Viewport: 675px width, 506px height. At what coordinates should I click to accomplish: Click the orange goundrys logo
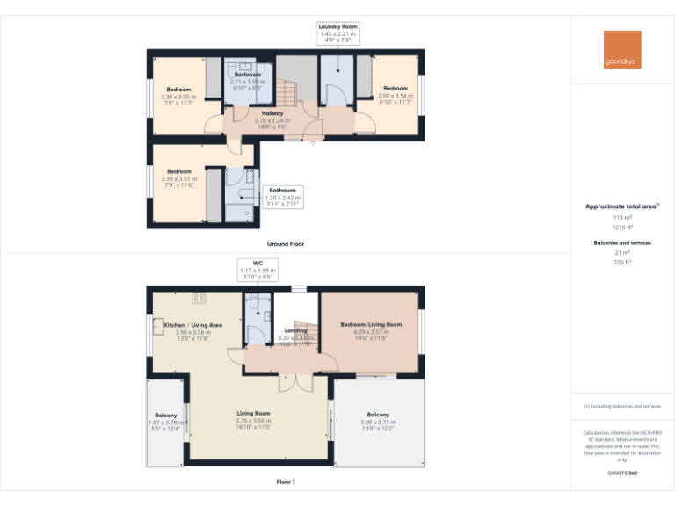pyautogui.click(x=621, y=50)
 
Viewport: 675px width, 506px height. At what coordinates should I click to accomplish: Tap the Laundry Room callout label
pyautogui.click(x=338, y=33)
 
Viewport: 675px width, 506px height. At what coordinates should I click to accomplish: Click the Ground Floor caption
pyautogui.click(x=286, y=243)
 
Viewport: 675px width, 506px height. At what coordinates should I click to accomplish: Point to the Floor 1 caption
pyautogui.click(x=286, y=481)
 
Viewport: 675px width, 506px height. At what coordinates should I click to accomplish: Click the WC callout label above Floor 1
pyautogui.click(x=258, y=270)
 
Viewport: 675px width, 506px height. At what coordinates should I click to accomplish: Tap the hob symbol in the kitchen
pyautogui.click(x=199, y=297)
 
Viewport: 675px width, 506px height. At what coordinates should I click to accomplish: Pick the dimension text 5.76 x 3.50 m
pyautogui.click(x=253, y=421)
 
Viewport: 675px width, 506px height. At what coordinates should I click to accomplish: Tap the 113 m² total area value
pyautogui.click(x=622, y=217)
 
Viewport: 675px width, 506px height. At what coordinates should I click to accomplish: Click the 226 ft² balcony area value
pyautogui.click(x=622, y=262)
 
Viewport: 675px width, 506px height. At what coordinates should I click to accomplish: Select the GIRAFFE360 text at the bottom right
pyautogui.click(x=622, y=473)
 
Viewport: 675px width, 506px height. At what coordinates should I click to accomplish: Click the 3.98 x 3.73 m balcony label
pyautogui.click(x=378, y=422)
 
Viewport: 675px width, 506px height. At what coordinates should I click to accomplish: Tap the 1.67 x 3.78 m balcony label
pyautogui.click(x=166, y=422)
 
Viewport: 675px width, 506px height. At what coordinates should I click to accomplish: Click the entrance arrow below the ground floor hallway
pyautogui.click(x=313, y=143)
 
